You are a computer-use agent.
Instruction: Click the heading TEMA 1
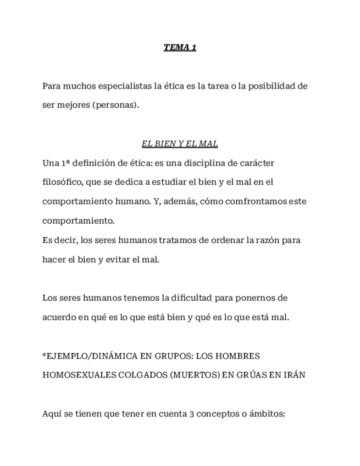pyautogui.click(x=180, y=47)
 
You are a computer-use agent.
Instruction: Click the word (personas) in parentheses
pyautogui.click(x=116, y=105)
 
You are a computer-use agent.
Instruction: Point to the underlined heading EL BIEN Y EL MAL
pyautogui.click(x=180, y=144)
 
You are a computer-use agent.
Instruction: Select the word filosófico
pyautogui.click(x=63, y=181)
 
